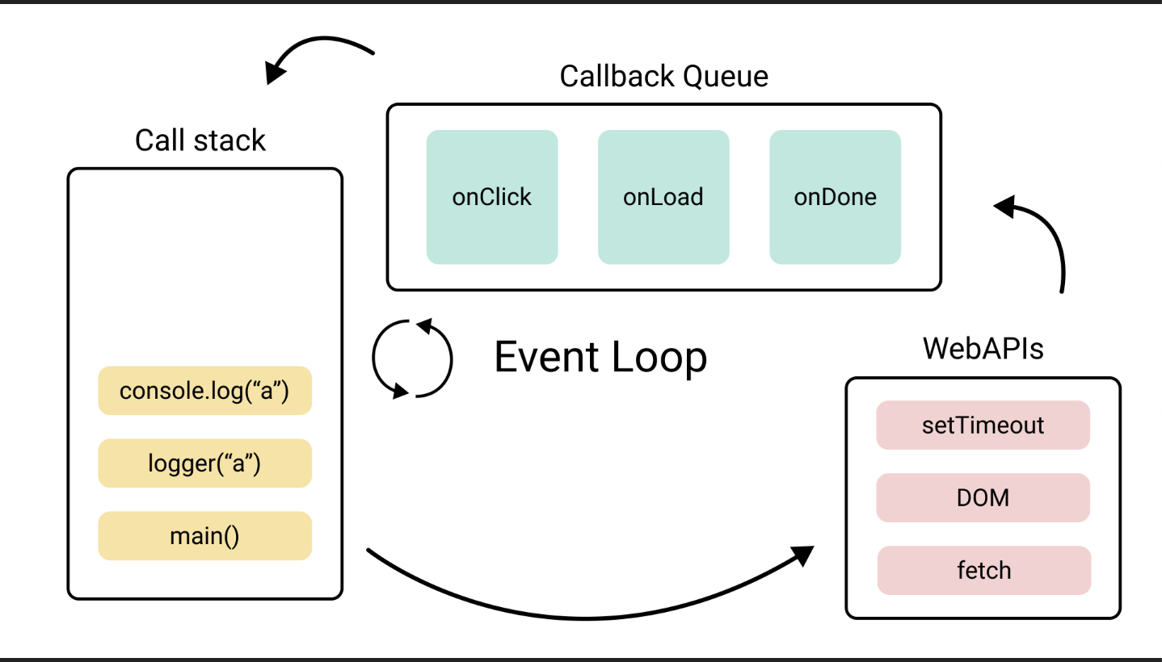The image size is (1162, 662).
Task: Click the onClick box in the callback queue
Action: coord(492,197)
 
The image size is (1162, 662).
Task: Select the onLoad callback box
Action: coord(663,197)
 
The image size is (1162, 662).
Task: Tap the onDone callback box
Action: coord(836,197)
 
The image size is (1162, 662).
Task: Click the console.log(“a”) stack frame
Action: coord(205,391)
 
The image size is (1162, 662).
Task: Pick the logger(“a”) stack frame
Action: coord(205,463)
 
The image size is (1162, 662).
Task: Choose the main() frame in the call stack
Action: coord(205,535)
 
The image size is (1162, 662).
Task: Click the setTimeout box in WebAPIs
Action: coord(983,425)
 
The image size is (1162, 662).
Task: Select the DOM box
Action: coord(983,497)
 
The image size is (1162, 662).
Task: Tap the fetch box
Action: coord(984,570)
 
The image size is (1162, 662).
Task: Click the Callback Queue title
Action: coord(663,77)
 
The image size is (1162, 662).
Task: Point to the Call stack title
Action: coord(200,140)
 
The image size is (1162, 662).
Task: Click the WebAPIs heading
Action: coord(983,349)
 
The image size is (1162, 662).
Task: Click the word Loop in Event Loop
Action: coord(659,358)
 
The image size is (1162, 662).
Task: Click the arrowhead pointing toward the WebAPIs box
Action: coord(803,555)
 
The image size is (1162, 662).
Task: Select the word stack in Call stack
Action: coord(229,140)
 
